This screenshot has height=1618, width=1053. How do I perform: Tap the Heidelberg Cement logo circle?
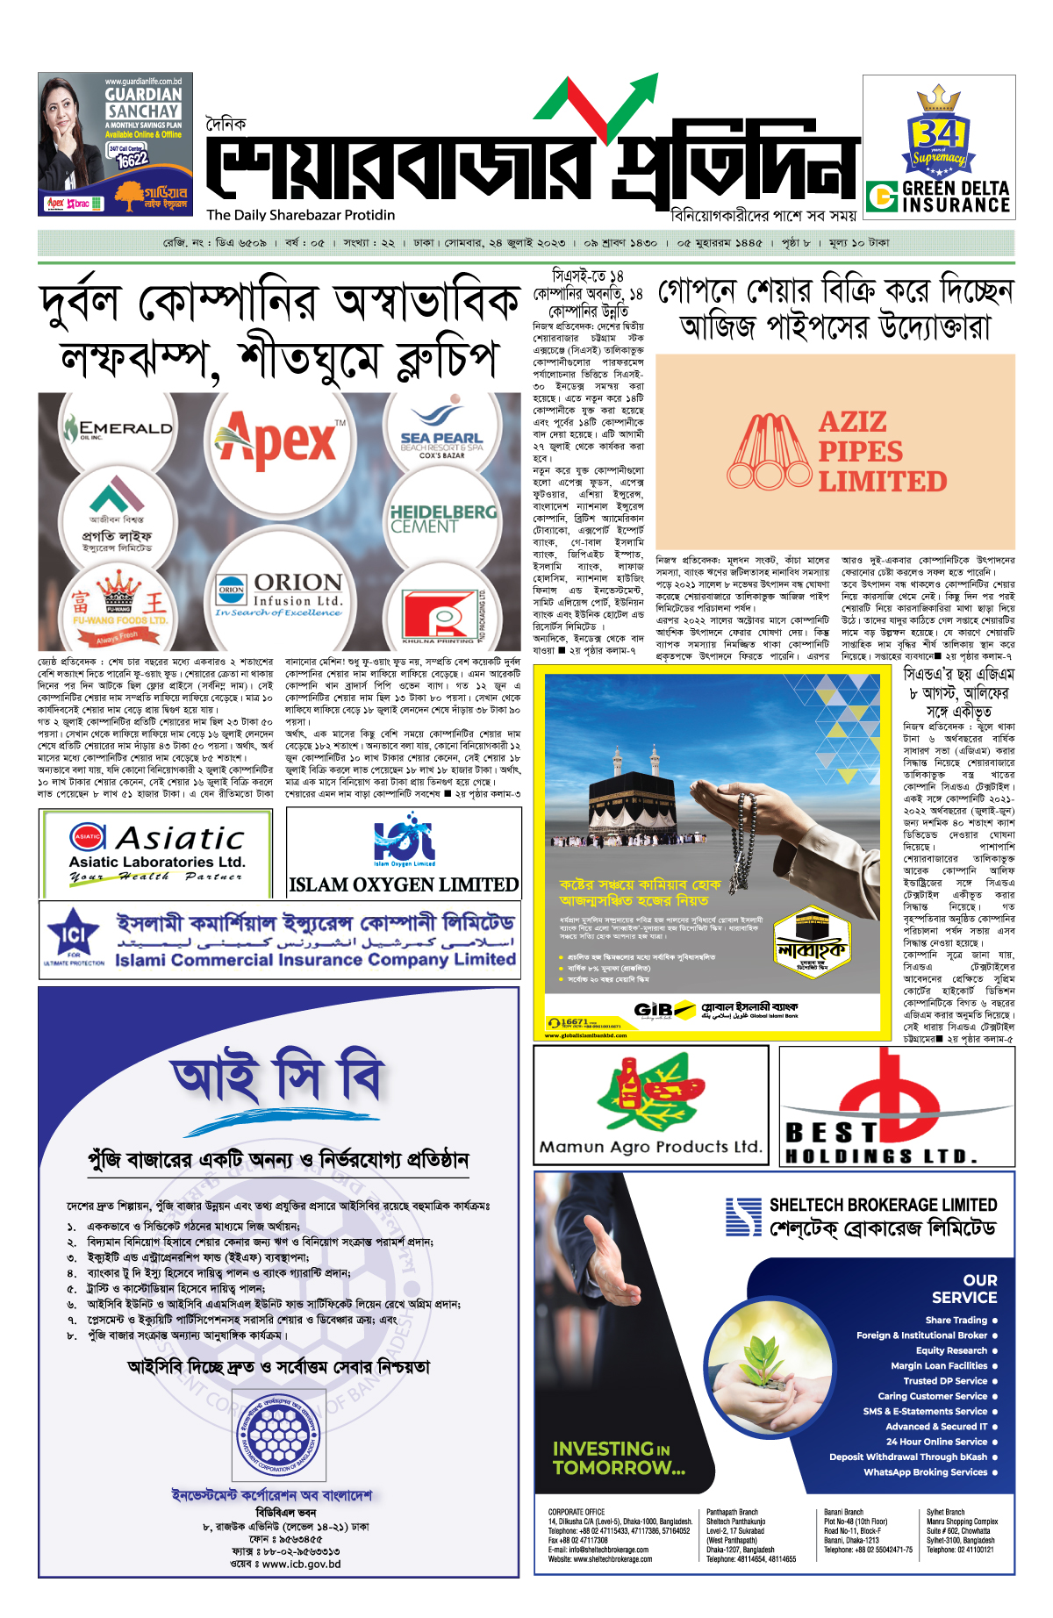point(442,519)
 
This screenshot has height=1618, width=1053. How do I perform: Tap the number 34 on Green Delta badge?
point(937,134)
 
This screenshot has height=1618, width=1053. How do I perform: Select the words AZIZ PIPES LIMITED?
point(882,452)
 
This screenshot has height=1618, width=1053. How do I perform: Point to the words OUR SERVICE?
point(964,1289)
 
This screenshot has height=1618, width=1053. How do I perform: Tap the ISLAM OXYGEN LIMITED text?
point(404,884)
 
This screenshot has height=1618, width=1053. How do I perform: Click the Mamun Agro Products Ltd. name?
point(650,1147)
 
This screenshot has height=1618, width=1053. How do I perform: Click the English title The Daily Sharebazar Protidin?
point(301,215)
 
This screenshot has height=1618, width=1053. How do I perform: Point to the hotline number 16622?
point(133,160)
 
